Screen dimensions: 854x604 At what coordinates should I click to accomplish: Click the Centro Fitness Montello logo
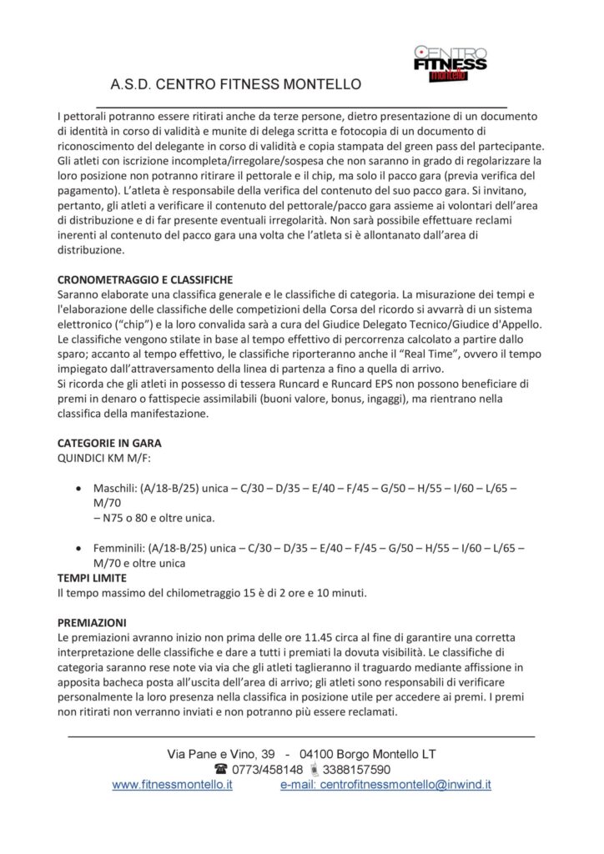tap(450, 63)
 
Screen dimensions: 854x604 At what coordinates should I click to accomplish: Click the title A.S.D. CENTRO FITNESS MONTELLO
tap(235, 85)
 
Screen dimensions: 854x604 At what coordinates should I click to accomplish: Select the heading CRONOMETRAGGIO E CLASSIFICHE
tap(144, 279)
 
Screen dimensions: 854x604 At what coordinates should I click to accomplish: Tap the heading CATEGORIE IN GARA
tap(109, 443)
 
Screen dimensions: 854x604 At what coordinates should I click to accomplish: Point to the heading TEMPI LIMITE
tap(92, 577)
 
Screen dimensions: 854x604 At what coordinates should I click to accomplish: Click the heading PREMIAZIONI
tap(92, 622)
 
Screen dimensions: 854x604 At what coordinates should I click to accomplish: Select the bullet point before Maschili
tap(78, 488)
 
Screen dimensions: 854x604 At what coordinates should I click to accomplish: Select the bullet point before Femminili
tap(78, 549)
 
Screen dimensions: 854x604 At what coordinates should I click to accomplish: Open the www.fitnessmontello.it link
tap(172, 785)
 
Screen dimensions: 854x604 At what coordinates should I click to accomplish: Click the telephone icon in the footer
tap(221, 769)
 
